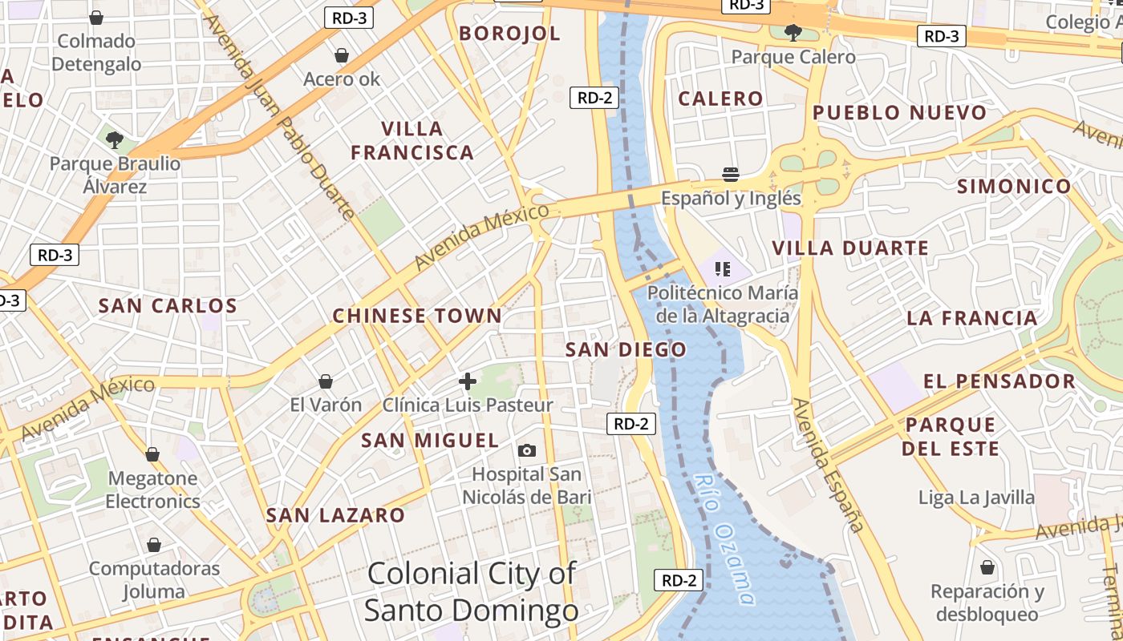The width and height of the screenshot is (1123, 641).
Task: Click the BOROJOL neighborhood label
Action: (509, 34)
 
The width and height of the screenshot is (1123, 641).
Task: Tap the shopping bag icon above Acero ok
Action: (342, 55)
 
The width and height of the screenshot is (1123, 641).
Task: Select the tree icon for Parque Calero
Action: (793, 33)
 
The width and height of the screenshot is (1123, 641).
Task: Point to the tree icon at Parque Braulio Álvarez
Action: (115, 140)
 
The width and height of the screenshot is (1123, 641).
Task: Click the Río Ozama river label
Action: (724, 538)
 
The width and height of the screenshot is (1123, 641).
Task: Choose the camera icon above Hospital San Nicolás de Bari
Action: (527, 451)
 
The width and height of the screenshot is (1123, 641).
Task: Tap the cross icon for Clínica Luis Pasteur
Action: (468, 381)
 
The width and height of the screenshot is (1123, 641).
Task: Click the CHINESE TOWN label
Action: (417, 316)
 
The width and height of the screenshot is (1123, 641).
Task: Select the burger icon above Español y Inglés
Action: (731, 174)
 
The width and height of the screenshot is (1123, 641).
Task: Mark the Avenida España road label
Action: (828, 465)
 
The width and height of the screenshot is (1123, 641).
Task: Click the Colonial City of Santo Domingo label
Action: (472, 592)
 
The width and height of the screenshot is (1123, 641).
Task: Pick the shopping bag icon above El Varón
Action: (326, 381)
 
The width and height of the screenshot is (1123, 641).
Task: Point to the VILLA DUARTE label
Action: (850, 248)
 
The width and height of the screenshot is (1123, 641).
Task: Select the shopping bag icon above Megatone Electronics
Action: (152, 455)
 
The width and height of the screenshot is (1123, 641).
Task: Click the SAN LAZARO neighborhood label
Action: (335, 515)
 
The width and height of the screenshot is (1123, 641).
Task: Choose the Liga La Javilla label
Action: (976, 498)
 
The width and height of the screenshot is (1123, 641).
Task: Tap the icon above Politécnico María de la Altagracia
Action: (722, 268)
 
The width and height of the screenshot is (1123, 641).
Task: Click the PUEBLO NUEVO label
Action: (899, 113)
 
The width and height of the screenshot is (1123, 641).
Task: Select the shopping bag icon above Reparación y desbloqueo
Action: (987, 567)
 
